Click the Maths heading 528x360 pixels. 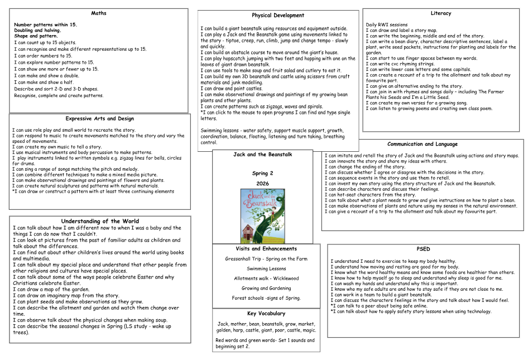coord(98,13)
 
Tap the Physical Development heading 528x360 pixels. coord(278,16)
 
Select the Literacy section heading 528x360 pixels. coord(441,13)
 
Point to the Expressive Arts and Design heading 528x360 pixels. coord(99,118)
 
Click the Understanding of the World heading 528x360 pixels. coord(100,221)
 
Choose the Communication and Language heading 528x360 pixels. coord(423,144)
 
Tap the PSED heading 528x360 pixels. coord(423,249)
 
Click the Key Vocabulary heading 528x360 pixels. coord(266,313)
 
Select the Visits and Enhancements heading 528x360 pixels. coord(266,249)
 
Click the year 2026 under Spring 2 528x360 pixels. coord(263,183)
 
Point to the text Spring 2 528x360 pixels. coord(263,174)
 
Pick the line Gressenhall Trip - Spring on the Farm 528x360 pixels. coord(266,259)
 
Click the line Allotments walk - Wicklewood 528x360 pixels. coord(266,279)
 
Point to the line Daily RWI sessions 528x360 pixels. coord(387,25)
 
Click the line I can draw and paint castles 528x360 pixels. coord(232,89)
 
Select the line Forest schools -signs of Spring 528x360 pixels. coord(266,298)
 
